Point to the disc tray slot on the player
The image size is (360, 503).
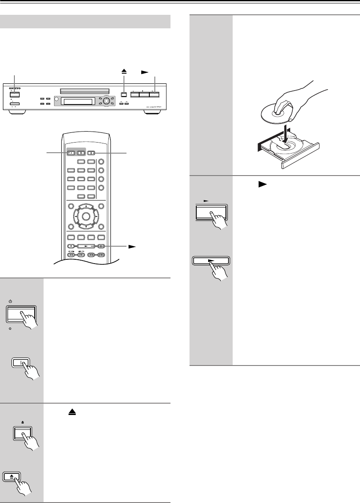click(x=83, y=90)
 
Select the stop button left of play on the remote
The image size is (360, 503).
click(x=71, y=245)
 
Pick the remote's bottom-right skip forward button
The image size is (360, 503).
click(x=101, y=255)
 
